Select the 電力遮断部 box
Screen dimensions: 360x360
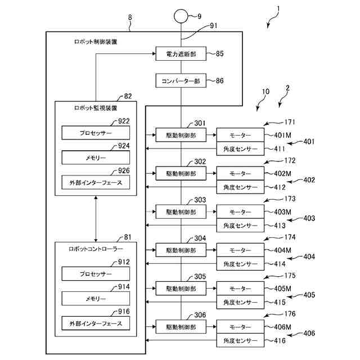[181, 55]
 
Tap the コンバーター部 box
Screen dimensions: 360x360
[181, 81]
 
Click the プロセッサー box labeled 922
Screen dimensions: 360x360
[96, 133]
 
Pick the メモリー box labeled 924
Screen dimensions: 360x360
[96, 157]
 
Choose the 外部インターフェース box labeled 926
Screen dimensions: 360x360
[96, 183]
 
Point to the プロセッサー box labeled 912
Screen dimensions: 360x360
[96, 274]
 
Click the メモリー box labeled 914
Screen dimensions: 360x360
[96, 299]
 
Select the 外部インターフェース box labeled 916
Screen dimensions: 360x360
[96, 323]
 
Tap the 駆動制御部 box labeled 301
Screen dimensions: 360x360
[181, 135]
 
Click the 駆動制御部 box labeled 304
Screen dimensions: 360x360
[181, 249]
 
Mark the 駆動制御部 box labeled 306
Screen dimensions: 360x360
[181, 326]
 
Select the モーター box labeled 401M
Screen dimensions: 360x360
[240, 135]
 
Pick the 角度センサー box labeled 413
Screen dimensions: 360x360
[240, 225]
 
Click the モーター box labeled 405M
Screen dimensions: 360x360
[240, 288]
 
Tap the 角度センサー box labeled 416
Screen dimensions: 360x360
[240, 340]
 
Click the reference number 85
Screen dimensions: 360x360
[220, 55]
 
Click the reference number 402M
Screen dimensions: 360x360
[282, 174]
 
